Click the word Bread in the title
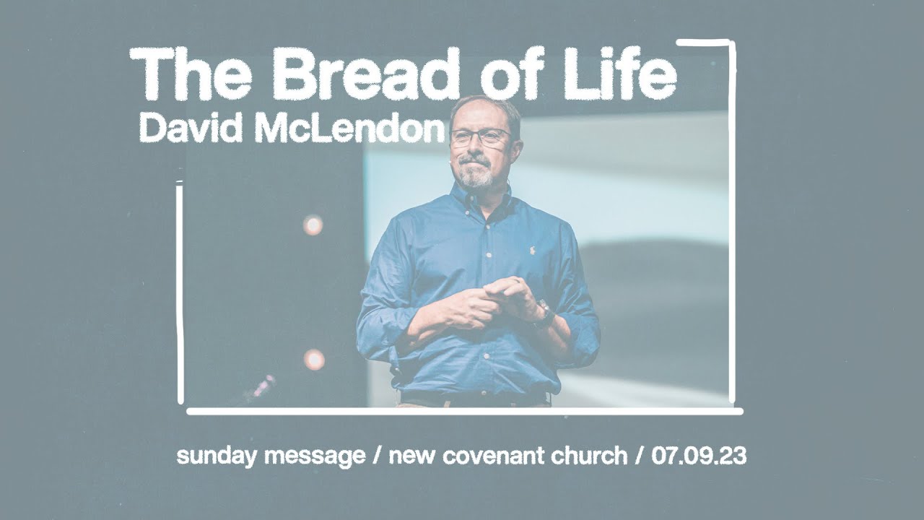pyautogui.click(x=365, y=74)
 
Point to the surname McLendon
pyautogui.click(x=349, y=129)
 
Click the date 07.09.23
pyautogui.click(x=699, y=456)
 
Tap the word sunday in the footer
pyautogui.click(x=216, y=456)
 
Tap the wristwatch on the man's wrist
pyautogui.click(x=544, y=315)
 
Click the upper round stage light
pyautogui.click(x=313, y=225)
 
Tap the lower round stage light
pyautogui.click(x=314, y=359)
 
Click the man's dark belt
pyautogui.click(x=473, y=398)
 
